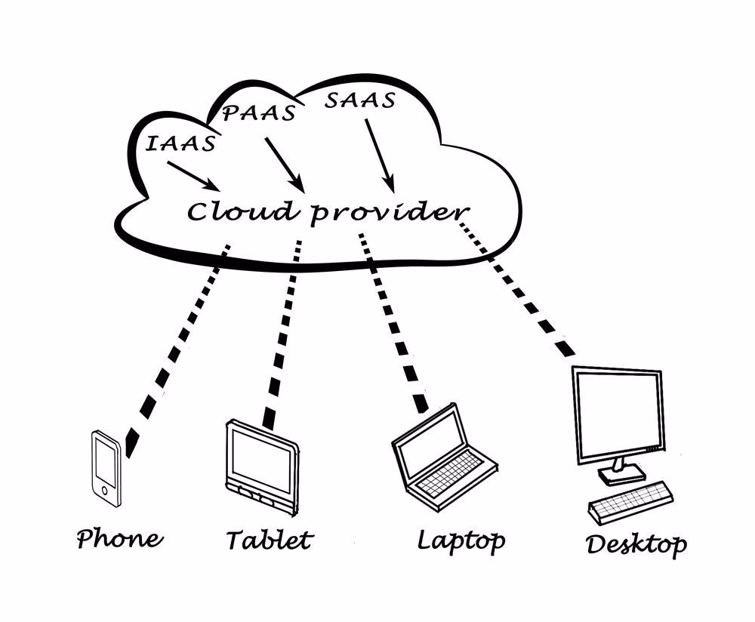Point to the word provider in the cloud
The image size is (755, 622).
click(390, 213)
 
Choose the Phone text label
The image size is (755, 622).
click(119, 539)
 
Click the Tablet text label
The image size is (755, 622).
click(269, 540)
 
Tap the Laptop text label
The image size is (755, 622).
click(461, 540)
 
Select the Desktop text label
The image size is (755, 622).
click(636, 543)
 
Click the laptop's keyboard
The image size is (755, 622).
click(451, 471)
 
